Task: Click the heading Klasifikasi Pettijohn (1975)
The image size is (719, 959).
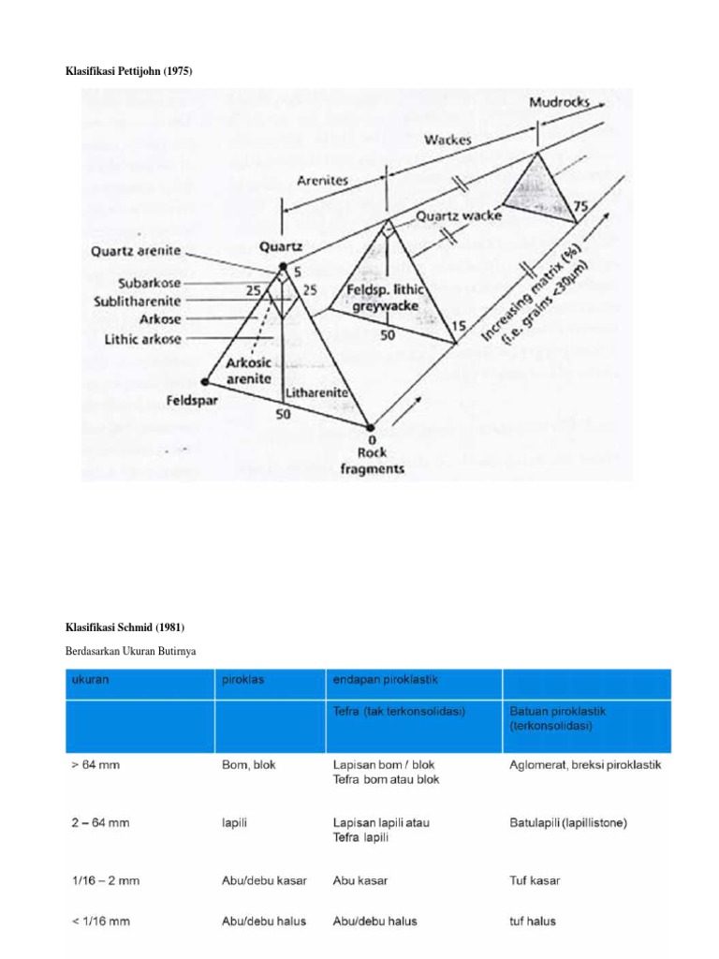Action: tap(128, 72)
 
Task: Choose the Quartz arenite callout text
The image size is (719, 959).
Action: tap(136, 252)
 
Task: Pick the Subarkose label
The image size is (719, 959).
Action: tap(150, 283)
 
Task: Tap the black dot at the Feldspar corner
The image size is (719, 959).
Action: tap(205, 381)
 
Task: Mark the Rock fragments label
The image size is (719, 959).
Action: tap(372, 461)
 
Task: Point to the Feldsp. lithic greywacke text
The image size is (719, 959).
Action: tap(387, 297)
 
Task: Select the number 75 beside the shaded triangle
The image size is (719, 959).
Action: tap(580, 206)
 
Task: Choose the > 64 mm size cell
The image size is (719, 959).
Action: tap(95, 765)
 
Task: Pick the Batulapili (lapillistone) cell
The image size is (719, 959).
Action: tap(567, 823)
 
